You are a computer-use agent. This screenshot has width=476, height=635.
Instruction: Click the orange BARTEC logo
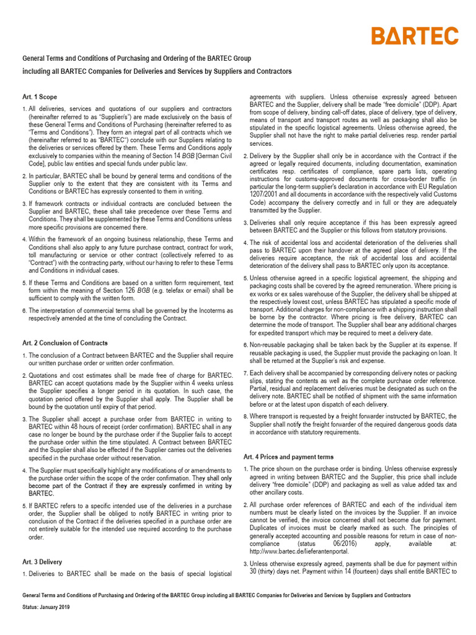pos(423,36)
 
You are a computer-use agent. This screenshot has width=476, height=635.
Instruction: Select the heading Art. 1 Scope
pos(40,97)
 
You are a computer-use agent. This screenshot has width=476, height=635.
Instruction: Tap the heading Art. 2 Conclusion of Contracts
pos(65,343)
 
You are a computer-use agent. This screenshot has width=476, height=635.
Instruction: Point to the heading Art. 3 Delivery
pos(42,562)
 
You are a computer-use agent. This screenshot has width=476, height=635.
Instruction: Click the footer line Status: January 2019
pos(46,607)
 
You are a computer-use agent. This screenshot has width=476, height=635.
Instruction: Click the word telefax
pos(178,290)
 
